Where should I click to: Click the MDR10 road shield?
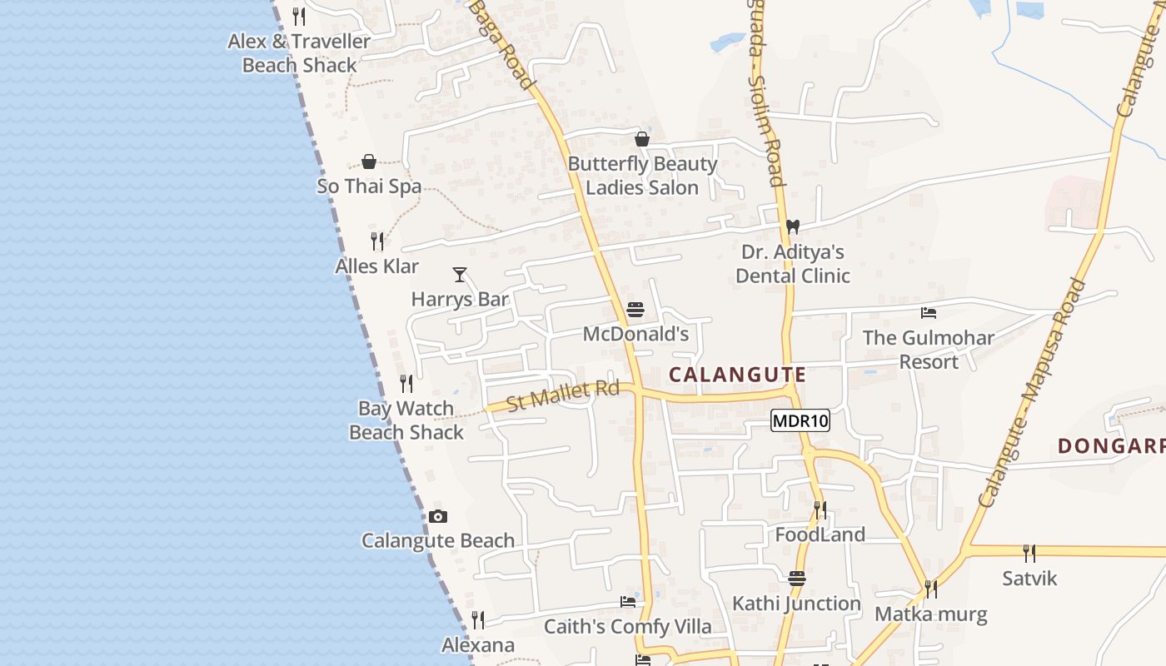tap(800, 420)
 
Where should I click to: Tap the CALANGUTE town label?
tap(737, 375)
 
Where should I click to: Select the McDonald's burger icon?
tap(635, 311)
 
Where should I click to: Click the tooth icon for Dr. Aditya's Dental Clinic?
tap(792, 226)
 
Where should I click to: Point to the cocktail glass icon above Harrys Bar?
tap(459, 275)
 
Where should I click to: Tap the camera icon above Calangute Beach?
tap(438, 516)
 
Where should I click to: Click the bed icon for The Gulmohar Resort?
tap(929, 313)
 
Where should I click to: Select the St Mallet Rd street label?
tap(563, 395)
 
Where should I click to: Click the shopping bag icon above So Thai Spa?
tap(369, 162)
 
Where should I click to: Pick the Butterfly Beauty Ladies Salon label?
tap(642, 176)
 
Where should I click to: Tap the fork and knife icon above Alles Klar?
tap(377, 241)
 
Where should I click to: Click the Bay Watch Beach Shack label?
tap(406, 420)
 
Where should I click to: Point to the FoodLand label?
tap(820, 534)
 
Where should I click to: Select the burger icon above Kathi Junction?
tap(797, 579)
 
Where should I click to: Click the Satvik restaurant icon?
tap(1029, 554)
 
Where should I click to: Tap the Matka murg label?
tap(930, 615)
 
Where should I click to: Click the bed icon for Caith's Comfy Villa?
tap(628, 602)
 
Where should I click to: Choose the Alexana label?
tap(478, 645)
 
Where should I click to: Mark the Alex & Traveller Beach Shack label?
tap(299, 52)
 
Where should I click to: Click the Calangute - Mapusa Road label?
tap(1033, 393)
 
